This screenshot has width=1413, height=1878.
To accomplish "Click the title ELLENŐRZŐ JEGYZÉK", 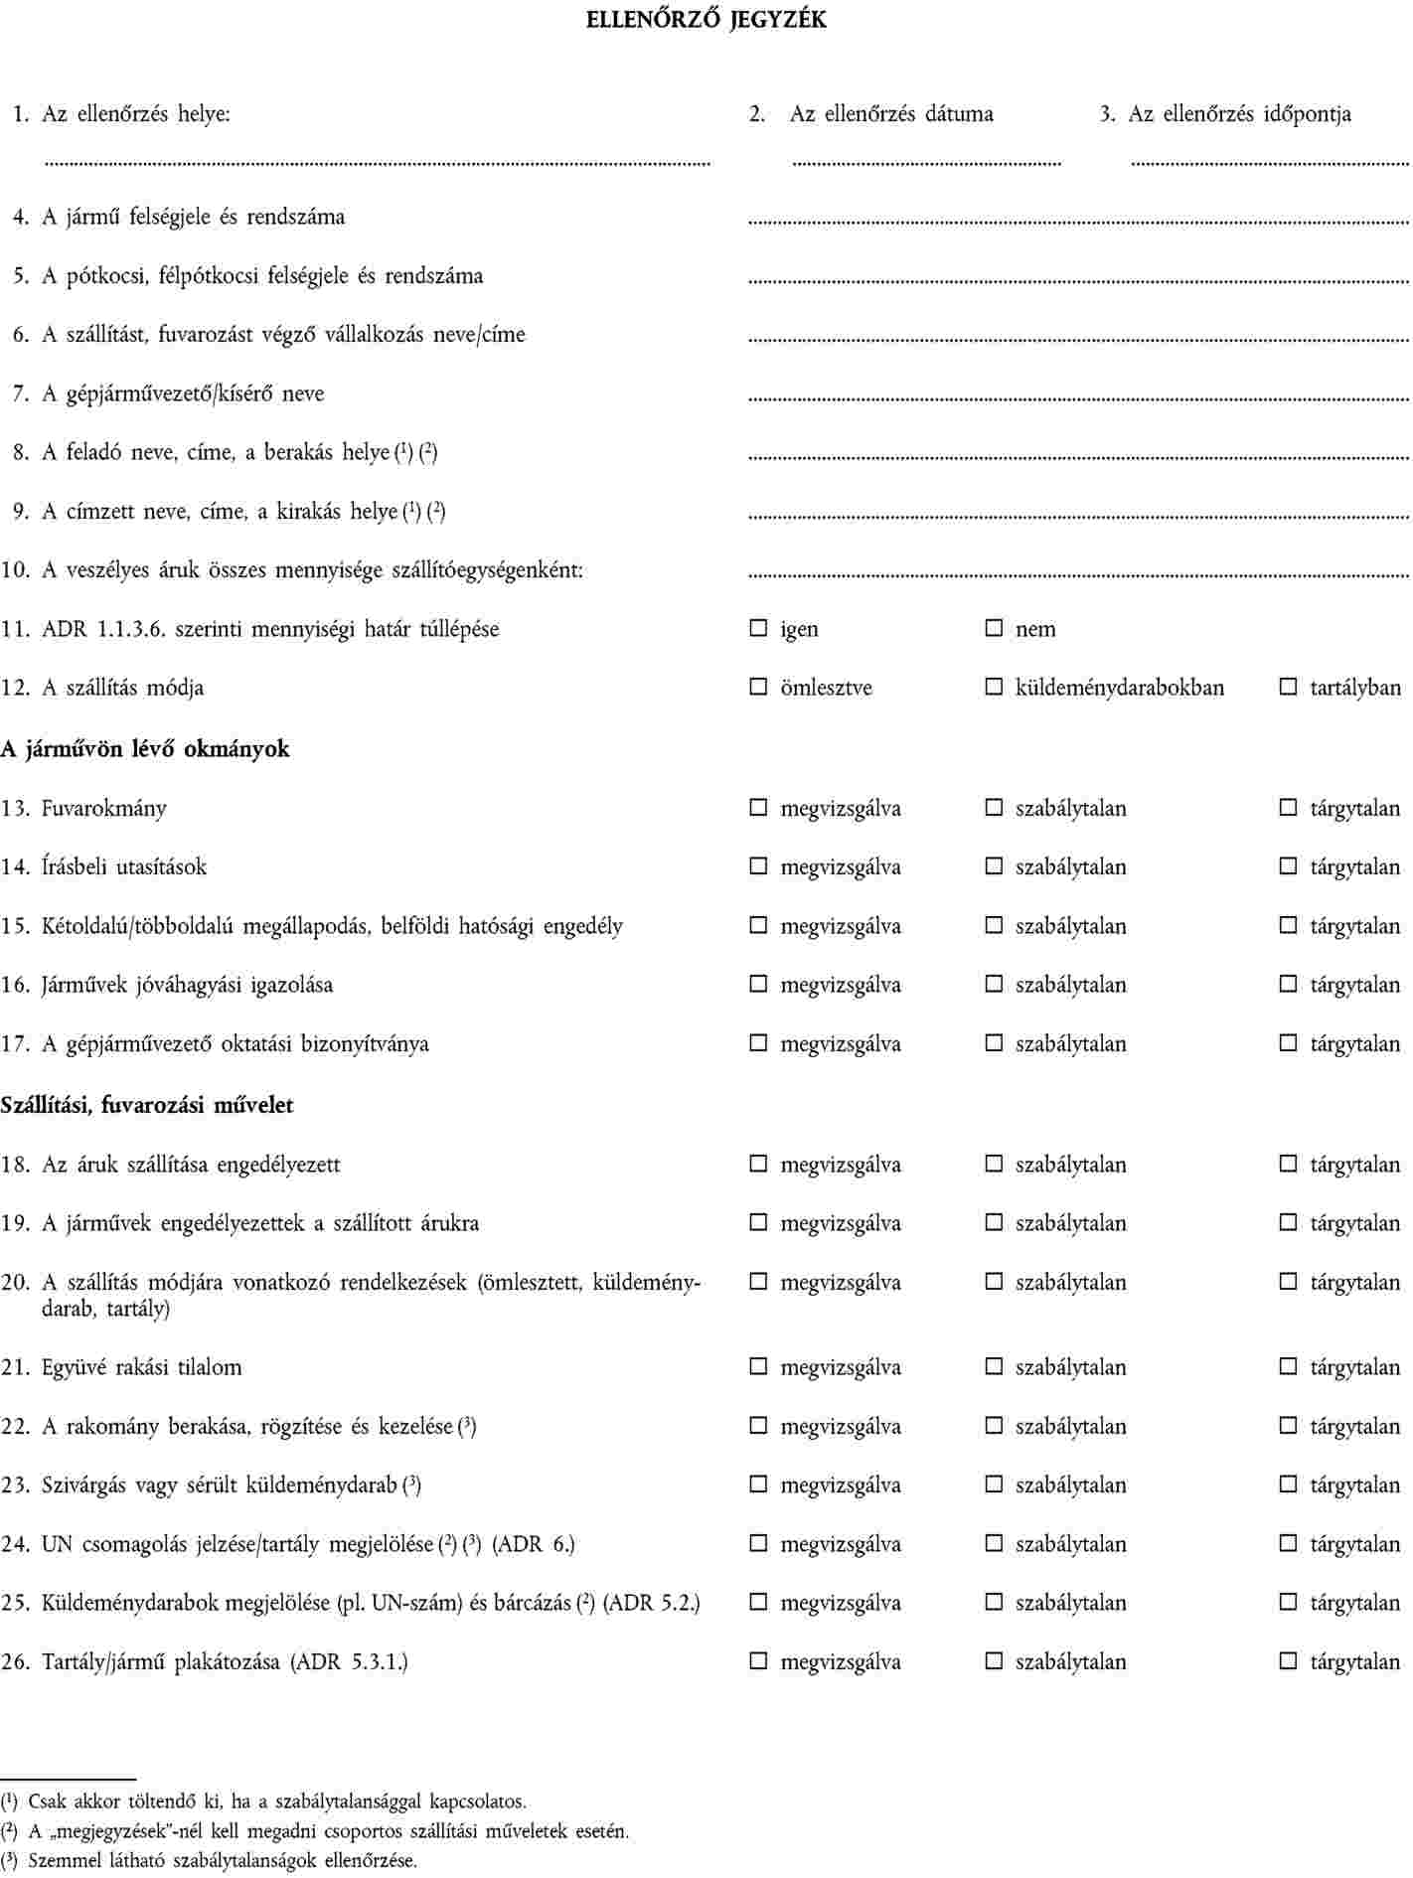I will [x=706, y=20].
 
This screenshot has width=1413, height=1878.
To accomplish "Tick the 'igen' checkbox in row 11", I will [x=758, y=628].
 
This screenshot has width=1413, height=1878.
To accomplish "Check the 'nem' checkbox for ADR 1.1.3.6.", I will [x=994, y=628].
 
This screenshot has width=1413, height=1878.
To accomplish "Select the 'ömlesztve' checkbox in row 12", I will [x=758, y=687].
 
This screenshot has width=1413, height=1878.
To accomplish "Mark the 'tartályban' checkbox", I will [x=1288, y=687].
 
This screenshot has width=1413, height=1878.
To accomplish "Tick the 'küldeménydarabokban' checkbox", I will [x=994, y=687].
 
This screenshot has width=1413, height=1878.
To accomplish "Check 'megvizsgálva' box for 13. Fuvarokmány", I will [x=758, y=808].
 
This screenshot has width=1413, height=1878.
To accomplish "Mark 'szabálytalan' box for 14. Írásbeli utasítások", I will [x=994, y=866].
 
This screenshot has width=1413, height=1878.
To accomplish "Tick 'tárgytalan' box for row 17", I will [x=1288, y=1043].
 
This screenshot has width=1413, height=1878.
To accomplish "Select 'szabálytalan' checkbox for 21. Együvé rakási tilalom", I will [x=994, y=1367].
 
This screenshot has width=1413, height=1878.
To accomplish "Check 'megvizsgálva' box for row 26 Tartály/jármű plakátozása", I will [x=758, y=1661].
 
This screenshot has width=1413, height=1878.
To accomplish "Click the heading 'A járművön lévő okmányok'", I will [x=145, y=749].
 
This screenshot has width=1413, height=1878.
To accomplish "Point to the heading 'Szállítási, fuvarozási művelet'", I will [x=147, y=1105].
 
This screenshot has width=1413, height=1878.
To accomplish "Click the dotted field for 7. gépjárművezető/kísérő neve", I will [x=1077, y=399].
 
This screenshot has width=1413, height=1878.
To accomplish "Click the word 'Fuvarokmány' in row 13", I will [x=104, y=808].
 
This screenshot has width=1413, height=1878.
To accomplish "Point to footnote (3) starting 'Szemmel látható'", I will [x=209, y=1861].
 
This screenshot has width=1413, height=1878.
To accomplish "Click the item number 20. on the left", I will [x=16, y=1282].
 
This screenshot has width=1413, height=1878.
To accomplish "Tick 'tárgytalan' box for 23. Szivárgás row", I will [x=1288, y=1485].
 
